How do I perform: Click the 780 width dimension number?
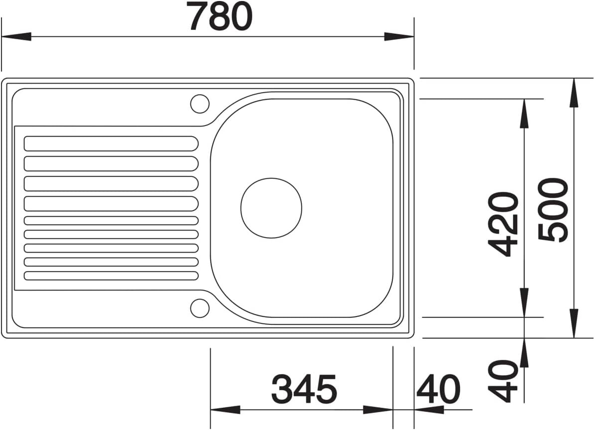(221, 16)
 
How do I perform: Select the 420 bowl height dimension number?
(503, 224)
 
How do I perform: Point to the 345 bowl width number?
(304, 389)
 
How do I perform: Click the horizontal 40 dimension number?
(438, 389)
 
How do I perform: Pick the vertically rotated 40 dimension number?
(503, 381)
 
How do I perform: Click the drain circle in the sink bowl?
(271, 208)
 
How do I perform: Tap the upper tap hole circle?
(200, 103)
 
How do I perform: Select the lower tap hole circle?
(200, 308)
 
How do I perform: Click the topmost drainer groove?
(111, 143)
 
